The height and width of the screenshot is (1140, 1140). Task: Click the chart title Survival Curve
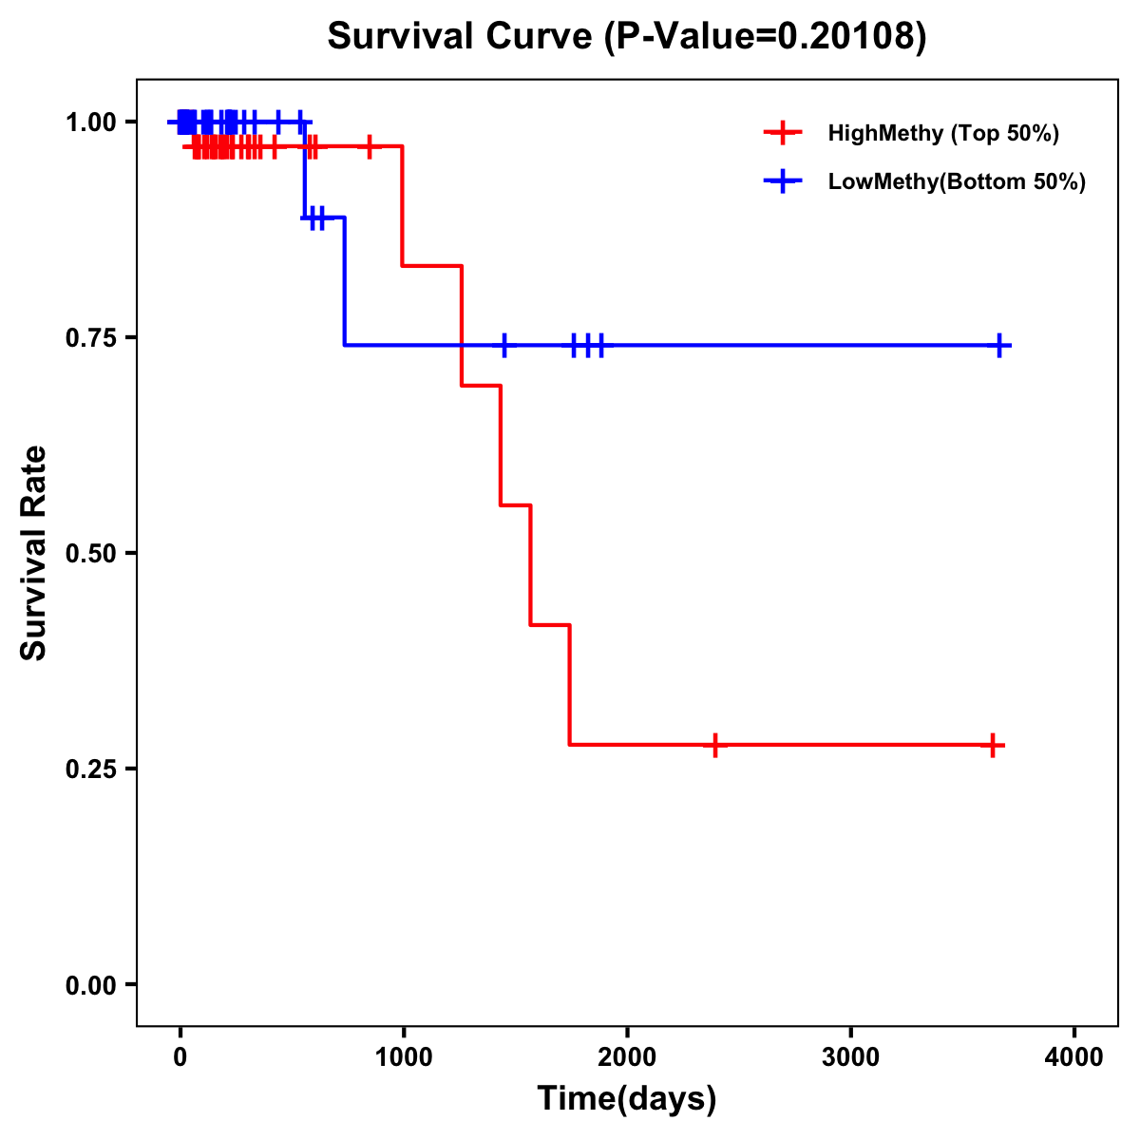[626, 37]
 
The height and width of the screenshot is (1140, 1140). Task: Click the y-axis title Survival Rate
[34, 552]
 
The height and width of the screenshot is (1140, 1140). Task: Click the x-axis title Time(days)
[627, 1098]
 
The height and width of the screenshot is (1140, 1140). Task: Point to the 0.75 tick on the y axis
[90, 338]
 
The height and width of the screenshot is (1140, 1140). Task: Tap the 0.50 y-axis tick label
[90, 554]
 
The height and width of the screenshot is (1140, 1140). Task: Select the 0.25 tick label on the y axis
[90, 769]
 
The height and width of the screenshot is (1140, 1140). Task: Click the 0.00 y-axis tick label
[90, 985]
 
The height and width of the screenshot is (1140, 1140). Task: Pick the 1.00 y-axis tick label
[90, 123]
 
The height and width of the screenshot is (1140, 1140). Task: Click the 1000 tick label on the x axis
[403, 1057]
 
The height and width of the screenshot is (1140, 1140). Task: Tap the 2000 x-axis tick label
[627, 1057]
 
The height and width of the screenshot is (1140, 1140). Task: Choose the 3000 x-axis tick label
[850, 1057]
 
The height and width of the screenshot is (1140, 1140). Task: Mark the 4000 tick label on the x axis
[1074, 1057]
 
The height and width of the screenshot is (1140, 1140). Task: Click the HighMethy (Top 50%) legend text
[942, 133]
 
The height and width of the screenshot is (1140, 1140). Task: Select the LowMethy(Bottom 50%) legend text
[956, 182]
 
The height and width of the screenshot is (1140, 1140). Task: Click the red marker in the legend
[783, 133]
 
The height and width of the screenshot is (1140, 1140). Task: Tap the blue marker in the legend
[783, 182]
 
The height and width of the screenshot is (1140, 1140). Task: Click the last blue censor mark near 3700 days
[999, 346]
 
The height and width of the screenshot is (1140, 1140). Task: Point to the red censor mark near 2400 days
[714, 745]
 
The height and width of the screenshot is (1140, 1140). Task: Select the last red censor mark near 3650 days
[992, 746]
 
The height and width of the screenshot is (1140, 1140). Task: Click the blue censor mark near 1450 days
[504, 346]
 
